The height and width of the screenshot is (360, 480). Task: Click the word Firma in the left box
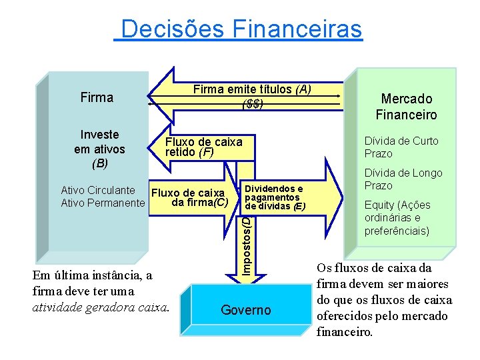point(97,97)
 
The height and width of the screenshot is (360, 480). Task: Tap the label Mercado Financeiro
point(406,107)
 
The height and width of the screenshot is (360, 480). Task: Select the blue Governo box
point(245,310)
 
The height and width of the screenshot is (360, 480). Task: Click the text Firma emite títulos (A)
point(252,89)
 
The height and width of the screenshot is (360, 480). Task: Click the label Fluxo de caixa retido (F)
point(203,147)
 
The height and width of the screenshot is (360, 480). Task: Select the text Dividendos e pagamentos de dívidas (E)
point(275,198)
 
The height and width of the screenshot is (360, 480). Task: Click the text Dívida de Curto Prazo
point(401,147)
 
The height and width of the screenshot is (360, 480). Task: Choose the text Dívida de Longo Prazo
point(403,179)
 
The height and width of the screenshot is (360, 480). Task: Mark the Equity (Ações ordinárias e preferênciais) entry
point(397,218)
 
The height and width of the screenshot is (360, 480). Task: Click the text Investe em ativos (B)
point(99,149)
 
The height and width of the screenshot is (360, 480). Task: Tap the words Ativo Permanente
point(102,203)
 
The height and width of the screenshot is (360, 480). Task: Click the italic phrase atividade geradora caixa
point(101,307)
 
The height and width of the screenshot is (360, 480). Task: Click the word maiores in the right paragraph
point(431,283)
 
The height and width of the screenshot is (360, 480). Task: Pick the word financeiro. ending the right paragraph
point(345,331)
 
